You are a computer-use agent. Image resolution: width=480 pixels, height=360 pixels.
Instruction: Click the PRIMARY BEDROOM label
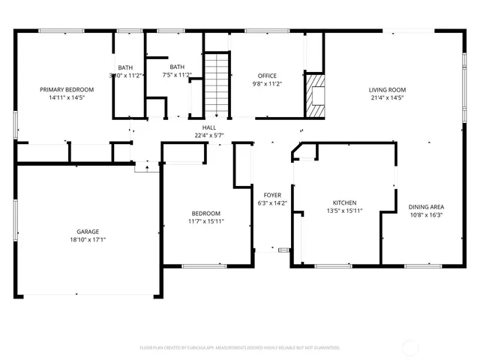coord(61,88)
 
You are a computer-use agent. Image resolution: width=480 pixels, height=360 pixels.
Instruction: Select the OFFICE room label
coord(267,76)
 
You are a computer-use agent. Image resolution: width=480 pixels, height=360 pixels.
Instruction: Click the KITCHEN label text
coord(344,202)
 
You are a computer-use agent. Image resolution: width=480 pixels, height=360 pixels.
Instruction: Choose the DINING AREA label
coord(426,206)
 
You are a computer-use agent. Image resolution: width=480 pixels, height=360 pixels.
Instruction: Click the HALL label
coord(209,127)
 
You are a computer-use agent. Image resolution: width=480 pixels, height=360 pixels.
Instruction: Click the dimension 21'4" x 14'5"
coord(386,97)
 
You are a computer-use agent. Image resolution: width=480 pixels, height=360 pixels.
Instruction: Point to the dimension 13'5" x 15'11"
coord(344,211)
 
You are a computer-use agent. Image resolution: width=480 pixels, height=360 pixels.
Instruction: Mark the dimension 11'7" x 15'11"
coord(206,221)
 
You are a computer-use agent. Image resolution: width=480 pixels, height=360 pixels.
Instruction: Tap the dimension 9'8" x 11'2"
coord(267,85)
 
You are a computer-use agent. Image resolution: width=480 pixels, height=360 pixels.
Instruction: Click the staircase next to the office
coord(216,85)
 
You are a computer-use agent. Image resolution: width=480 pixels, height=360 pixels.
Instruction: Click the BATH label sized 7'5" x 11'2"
coord(177,67)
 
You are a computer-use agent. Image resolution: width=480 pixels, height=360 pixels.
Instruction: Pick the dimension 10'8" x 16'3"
coord(426,214)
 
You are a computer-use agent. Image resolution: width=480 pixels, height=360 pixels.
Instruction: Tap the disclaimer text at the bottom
coord(240,348)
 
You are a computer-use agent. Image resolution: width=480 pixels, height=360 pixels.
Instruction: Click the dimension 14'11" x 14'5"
coord(61,97)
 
